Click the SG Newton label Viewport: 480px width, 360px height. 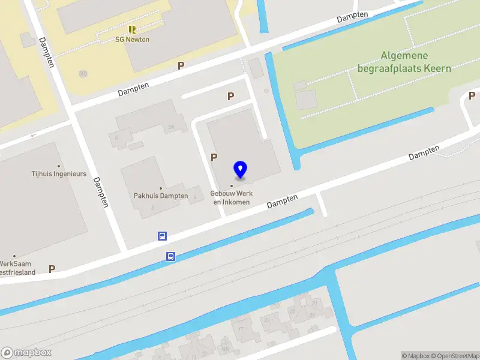(132, 40)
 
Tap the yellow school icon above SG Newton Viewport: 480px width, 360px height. (132, 29)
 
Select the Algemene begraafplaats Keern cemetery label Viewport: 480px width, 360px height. (404, 62)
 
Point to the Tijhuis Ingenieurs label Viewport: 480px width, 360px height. (59, 174)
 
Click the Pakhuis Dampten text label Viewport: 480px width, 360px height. (160, 196)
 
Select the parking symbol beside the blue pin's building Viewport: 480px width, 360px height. (214, 157)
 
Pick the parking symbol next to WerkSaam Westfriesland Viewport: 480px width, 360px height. (52, 269)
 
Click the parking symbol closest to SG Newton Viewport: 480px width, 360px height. (181, 65)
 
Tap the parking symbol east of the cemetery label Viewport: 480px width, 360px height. (472, 95)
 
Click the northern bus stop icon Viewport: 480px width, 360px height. (162, 236)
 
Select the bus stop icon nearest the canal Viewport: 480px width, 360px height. (170, 256)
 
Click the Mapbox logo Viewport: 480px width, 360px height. (26, 352)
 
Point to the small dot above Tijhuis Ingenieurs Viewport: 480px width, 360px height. (59, 166)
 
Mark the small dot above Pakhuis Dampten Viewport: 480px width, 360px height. (160, 188)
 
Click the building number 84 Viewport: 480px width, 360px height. (171, 127)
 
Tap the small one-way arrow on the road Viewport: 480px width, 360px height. (34, 134)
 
